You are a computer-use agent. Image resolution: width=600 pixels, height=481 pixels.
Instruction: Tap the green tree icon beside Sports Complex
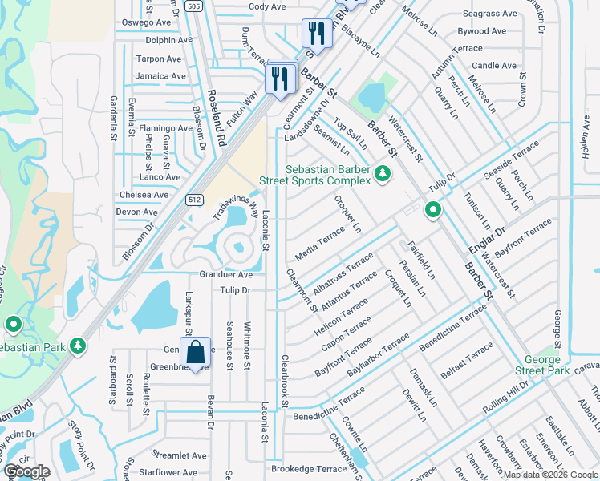click(383, 173)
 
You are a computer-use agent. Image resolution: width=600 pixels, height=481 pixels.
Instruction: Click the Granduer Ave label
click(226, 274)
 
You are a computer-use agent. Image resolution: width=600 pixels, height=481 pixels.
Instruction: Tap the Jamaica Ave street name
click(159, 76)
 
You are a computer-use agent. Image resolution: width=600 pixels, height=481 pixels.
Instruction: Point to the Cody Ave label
click(267, 6)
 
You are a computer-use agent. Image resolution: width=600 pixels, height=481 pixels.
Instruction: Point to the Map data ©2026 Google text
click(549, 475)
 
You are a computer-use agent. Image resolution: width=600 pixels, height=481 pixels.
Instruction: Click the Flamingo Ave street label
click(166, 128)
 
